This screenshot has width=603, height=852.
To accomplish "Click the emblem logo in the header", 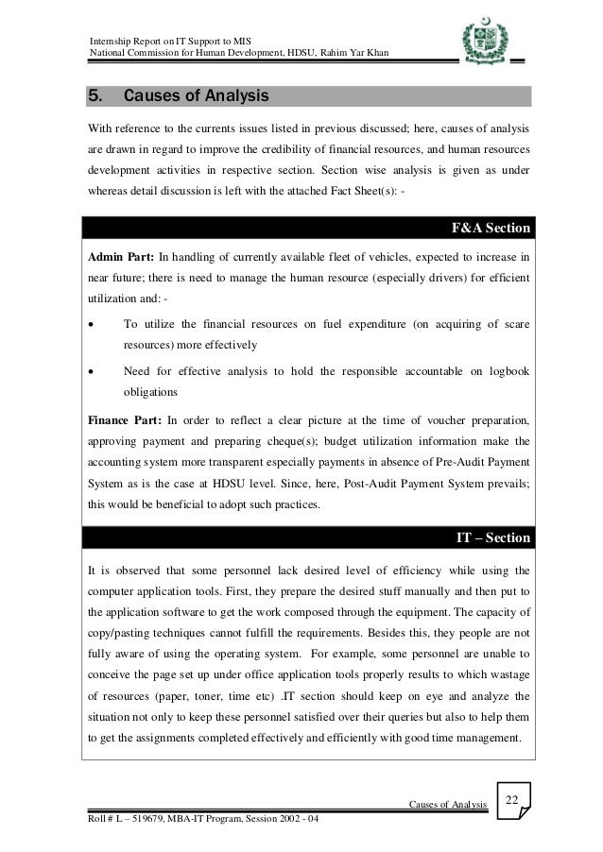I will pos(482,43).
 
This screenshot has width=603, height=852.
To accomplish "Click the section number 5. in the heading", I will pos(96,96).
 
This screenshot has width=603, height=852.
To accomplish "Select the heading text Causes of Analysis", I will pos(197,96).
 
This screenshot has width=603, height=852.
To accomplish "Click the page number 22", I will pos(512,802).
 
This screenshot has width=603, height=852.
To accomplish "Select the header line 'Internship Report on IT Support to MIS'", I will pos(169,36).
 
